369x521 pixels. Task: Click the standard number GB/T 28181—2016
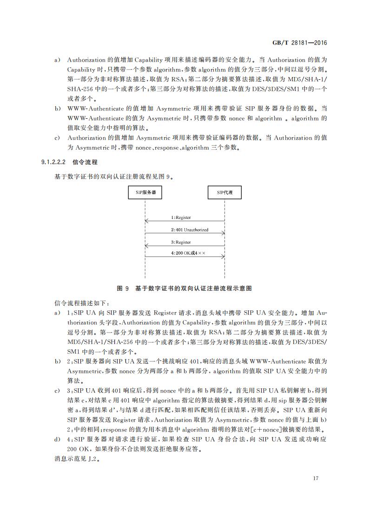(300, 43)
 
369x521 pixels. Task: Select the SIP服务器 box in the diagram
(145, 192)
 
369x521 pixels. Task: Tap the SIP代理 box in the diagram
(225, 192)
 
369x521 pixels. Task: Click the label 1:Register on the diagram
(181, 217)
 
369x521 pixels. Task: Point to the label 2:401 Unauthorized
(189, 230)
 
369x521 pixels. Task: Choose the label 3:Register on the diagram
(181, 242)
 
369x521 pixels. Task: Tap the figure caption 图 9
(123, 288)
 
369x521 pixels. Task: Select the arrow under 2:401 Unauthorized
(185, 234)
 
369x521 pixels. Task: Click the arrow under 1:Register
(185, 221)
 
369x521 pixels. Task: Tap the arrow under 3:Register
(185, 246)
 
